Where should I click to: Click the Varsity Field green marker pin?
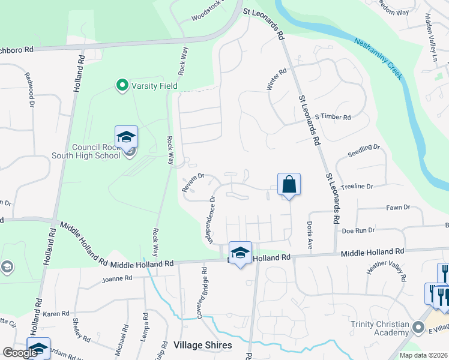pos(122,86)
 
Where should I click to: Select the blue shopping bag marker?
pos(289,185)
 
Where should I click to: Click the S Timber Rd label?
pos(333,117)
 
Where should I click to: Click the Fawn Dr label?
pos(398,208)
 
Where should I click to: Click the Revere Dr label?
pos(194,183)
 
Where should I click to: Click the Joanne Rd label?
pos(116,278)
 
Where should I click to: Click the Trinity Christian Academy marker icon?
pos(419,327)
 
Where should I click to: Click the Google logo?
pos(20,353)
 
